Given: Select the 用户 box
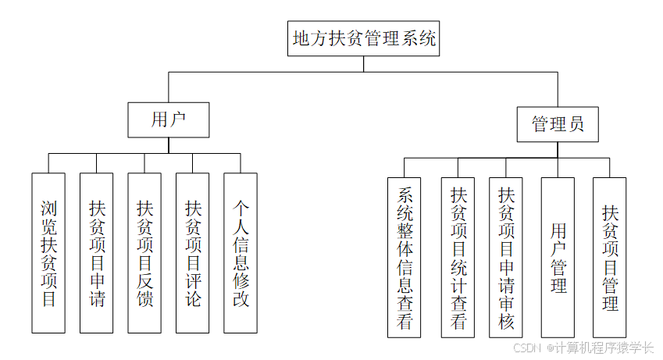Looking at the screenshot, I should tap(169, 119).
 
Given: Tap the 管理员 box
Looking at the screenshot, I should tap(558, 124).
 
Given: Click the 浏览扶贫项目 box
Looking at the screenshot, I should tap(48, 253).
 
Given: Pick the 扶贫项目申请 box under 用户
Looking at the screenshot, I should tap(97, 253).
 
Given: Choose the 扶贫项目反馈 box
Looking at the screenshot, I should tap(144, 253).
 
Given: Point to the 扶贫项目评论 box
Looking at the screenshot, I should tap(193, 253).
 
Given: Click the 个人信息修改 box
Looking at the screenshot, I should tap(241, 253).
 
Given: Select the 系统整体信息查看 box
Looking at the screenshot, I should tap(405, 258).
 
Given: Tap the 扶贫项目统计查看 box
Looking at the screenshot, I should tap(458, 258).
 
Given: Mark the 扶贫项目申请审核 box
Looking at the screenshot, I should tap(506, 258).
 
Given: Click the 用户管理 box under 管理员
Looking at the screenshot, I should tap(558, 258).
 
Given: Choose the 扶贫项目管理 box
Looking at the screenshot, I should tap(609, 258).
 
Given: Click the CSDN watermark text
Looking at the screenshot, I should tap(528, 348).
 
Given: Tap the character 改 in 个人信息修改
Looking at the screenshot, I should tap(241, 298).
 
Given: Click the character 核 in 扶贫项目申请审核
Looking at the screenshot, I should tap(506, 321).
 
